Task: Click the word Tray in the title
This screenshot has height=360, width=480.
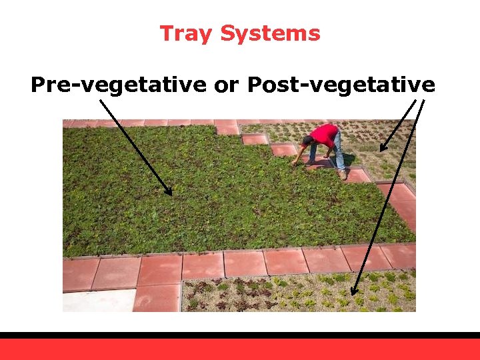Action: pyautogui.click(x=187, y=33)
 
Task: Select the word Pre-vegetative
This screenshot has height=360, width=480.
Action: pyautogui.click(x=119, y=85)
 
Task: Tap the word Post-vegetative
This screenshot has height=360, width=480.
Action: pyautogui.click(x=341, y=85)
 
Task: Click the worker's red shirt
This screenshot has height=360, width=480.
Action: pyautogui.click(x=324, y=135)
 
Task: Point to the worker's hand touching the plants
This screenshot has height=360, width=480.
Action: pyautogui.click(x=295, y=164)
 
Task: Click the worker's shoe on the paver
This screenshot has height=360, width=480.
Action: pyautogui.click(x=343, y=175)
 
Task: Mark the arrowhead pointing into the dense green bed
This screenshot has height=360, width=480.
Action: pyautogui.click(x=169, y=191)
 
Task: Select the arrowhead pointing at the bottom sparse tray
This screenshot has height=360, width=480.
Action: pyautogui.click(x=354, y=291)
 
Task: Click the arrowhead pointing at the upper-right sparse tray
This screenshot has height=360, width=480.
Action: pyautogui.click(x=383, y=147)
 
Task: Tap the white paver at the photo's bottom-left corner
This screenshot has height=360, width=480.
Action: pyautogui.click(x=97, y=301)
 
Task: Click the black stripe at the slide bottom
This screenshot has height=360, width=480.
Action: pyautogui.click(x=240, y=335)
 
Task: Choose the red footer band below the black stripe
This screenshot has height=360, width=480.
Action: pyautogui.click(x=240, y=349)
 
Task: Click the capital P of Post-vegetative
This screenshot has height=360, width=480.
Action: pyautogui.click(x=255, y=85)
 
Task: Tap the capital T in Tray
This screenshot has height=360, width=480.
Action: pyautogui.click(x=167, y=33)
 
